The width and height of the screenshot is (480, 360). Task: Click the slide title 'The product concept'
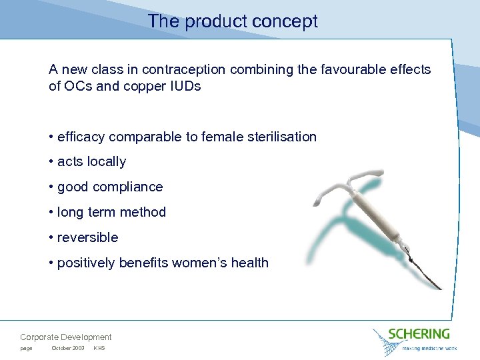(233, 21)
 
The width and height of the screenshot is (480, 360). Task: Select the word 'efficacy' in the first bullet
(81, 137)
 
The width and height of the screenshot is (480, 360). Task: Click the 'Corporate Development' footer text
(66, 337)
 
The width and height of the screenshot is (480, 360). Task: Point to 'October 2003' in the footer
(68, 349)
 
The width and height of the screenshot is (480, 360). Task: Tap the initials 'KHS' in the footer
(99, 349)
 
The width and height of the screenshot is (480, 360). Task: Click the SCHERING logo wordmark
(419, 333)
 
